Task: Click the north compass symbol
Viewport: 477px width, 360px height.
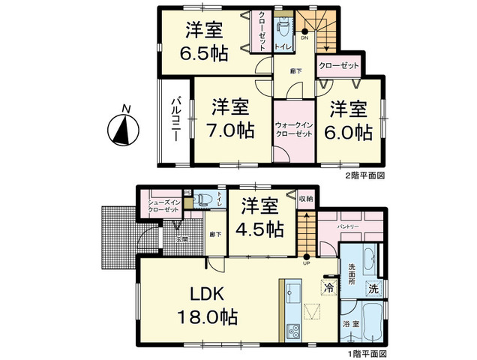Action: pos(123,130)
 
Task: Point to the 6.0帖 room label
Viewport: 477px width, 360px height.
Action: pos(349,120)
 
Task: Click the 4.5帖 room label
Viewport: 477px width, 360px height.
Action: pos(256,217)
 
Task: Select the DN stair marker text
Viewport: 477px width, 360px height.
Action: pos(304,37)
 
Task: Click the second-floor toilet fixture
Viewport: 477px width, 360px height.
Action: pos(283,31)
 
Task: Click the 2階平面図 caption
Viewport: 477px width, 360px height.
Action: pos(364,175)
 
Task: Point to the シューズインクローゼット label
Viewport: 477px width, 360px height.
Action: pos(162,206)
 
